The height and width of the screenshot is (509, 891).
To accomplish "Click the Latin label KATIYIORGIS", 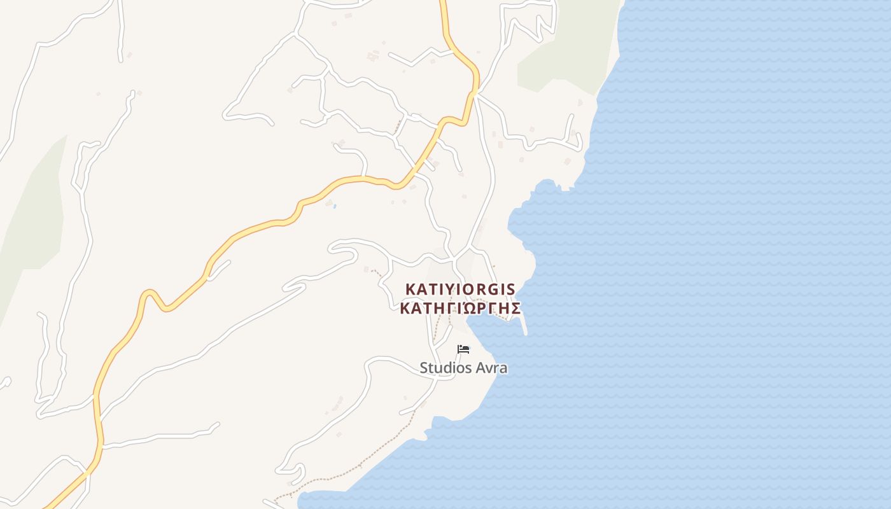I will (x=460, y=289).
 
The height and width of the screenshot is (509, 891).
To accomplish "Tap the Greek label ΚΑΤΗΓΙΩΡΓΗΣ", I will (x=460, y=309).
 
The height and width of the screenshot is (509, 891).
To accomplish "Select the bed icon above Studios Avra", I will (x=463, y=349).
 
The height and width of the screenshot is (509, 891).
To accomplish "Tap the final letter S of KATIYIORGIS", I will (x=510, y=289).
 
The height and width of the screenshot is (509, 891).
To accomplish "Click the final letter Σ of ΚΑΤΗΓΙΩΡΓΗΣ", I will (x=516, y=309).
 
